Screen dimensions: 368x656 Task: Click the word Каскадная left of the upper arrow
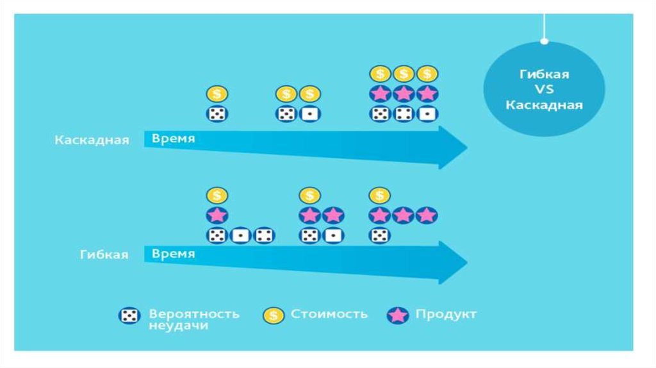(92, 140)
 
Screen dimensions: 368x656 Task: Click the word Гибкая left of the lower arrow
(104, 255)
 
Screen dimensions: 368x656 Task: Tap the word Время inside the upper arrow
(173, 138)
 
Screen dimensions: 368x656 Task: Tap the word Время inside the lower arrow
(173, 254)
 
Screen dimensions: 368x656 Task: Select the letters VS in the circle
(544, 89)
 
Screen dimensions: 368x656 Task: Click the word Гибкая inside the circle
(544, 74)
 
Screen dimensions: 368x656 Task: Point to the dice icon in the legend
(128, 315)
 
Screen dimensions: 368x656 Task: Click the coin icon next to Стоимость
(274, 315)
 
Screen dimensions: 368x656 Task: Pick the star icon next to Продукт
(398, 315)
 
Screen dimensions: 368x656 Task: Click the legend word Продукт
(446, 314)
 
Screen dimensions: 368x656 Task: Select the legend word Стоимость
(329, 314)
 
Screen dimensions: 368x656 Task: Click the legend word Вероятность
(194, 314)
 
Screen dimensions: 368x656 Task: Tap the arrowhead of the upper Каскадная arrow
(452, 147)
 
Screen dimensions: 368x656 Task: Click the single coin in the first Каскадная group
(217, 94)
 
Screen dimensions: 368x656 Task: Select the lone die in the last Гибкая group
(380, 235)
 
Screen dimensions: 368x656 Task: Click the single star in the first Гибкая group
(217, 215)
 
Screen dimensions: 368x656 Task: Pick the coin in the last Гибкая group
(380, 195)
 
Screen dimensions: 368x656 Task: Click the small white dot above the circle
(544, 41)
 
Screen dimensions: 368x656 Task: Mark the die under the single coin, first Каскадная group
(217, 114)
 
